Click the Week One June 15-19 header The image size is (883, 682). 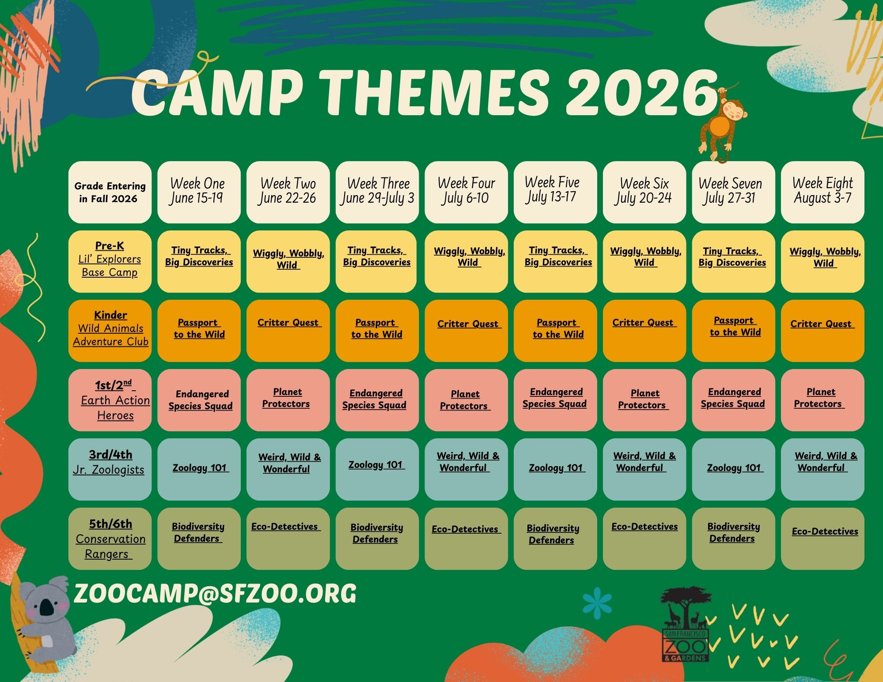[x=199, y=192]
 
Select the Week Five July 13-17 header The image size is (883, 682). [x=555, y=192]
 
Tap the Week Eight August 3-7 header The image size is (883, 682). [x=822, y=192]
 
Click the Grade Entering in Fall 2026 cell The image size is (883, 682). [x=110, y=192]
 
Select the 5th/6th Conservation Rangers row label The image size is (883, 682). [x=110, y=539]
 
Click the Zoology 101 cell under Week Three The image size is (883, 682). [x=377, y=469]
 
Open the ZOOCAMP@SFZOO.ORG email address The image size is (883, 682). [x=215, y=594]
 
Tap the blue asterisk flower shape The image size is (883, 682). [x=597, y=603]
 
